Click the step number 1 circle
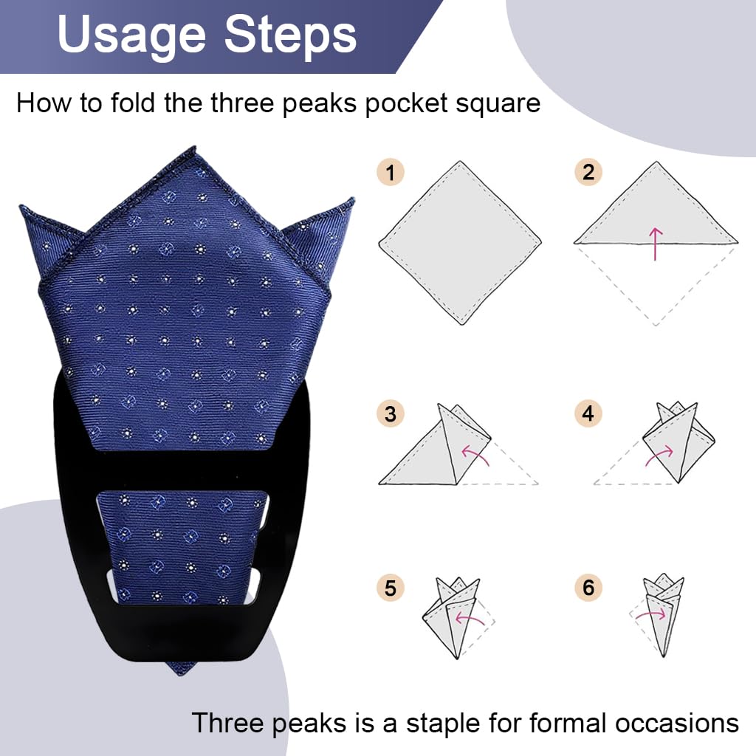pos(391,173)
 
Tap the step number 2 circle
pos(588,173)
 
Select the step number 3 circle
pos(391,414)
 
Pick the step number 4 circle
pos(588,414)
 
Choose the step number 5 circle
pos(391,588)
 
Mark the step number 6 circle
pos(588,588)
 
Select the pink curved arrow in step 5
pos(468,618)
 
